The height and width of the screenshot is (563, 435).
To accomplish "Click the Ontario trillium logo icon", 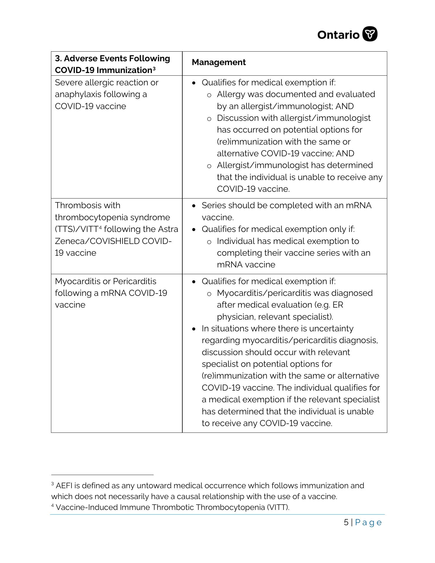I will (370, 34).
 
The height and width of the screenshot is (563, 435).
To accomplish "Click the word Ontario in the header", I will (338, 35).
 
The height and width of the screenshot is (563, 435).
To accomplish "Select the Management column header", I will (219, 62).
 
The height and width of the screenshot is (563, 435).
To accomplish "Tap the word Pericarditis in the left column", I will (135, 281).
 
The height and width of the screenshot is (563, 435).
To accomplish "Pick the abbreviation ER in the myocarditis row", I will (338, 305).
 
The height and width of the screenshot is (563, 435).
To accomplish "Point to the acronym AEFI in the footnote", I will (64, 486).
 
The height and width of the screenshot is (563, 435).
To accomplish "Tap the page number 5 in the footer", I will (346, 523).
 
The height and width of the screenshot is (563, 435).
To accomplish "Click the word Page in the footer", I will (368, 523).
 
